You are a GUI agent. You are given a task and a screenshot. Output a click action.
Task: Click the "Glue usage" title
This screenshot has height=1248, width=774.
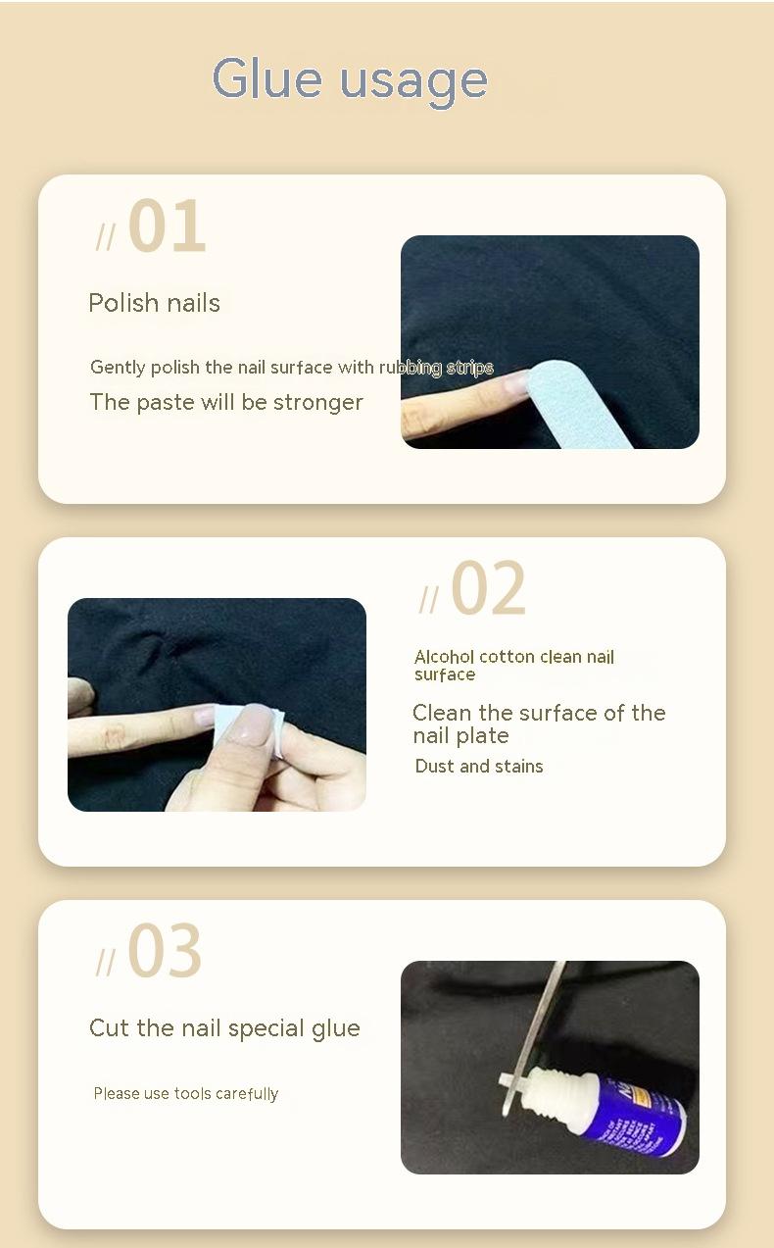pyautogui.click(x=350, y=80)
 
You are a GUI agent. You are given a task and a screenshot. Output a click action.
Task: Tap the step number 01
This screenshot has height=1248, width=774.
pyautogui.click(x=168, y=225)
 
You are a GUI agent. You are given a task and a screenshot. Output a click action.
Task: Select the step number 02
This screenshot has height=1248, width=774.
pyautogui.click(x=488, y=588)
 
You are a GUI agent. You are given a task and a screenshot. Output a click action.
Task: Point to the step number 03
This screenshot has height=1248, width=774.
pyautogui.click(x=165, y=950)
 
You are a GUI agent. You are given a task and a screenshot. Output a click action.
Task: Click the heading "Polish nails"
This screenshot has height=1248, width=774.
pyautogui.click(x=154, y=303)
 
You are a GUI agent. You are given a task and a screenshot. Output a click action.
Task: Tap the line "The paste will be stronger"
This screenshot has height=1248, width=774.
pyautogui.click(x=226, y=402)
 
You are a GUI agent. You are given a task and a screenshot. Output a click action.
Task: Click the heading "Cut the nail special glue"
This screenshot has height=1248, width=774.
pyautogui.click(x=224, y=1028)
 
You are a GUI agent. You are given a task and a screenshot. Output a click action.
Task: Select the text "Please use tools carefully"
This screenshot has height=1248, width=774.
pyautogui.click(x=185, y=1094)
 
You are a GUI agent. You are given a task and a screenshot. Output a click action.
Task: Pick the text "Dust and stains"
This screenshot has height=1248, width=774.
pyautogui.click(x=479, y=766)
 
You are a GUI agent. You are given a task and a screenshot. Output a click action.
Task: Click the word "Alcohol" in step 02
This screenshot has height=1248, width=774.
pyautogui.click(x=444, y=657)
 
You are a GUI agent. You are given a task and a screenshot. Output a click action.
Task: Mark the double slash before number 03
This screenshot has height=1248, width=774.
pyautogui.click(x=105, y=962)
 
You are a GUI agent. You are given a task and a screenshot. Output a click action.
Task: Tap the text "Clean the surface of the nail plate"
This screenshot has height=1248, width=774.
pyautogui.click(x=539, y=724)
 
